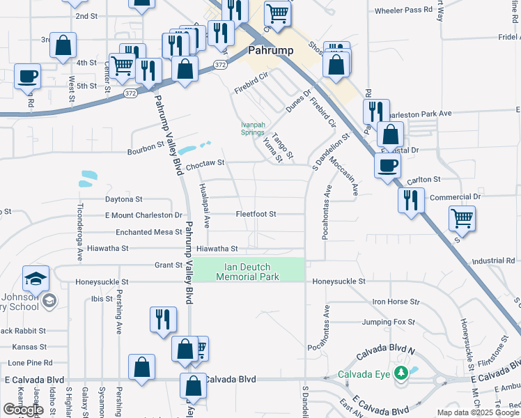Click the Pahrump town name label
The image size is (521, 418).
270,51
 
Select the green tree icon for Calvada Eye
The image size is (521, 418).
401,373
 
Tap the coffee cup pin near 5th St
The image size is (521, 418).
27,77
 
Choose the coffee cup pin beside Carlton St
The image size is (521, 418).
388,167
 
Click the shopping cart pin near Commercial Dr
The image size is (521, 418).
462,219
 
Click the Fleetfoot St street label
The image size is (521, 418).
256,214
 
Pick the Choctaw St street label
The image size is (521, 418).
203,162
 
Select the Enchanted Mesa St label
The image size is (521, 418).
148,232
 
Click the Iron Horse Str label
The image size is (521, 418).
396,302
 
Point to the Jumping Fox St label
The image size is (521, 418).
388,323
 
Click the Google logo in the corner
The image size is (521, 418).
23,410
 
